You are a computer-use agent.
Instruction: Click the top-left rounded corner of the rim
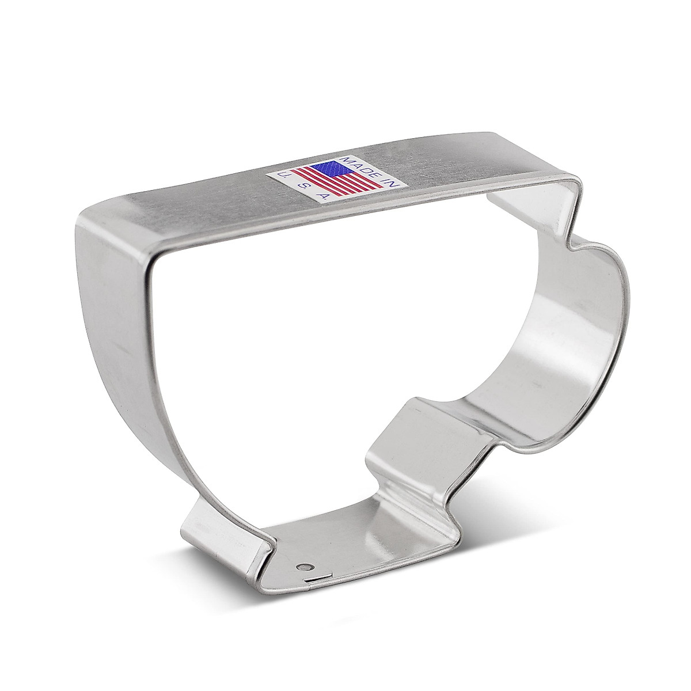(95, 219)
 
